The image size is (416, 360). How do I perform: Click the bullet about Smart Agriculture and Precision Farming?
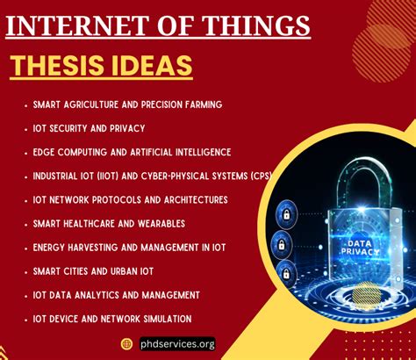(x=127, y=104)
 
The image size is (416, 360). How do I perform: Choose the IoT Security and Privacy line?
(x=89, y=128)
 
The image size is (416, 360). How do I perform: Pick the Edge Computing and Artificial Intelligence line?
(x=132, y=152)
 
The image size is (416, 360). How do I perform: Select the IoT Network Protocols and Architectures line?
(x=130, y=199)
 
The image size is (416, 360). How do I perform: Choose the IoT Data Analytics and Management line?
(x=117, y=295)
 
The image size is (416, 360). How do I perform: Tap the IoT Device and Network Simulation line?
(x=112, y=319)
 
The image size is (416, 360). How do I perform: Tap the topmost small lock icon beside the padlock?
(x=285, y=213)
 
